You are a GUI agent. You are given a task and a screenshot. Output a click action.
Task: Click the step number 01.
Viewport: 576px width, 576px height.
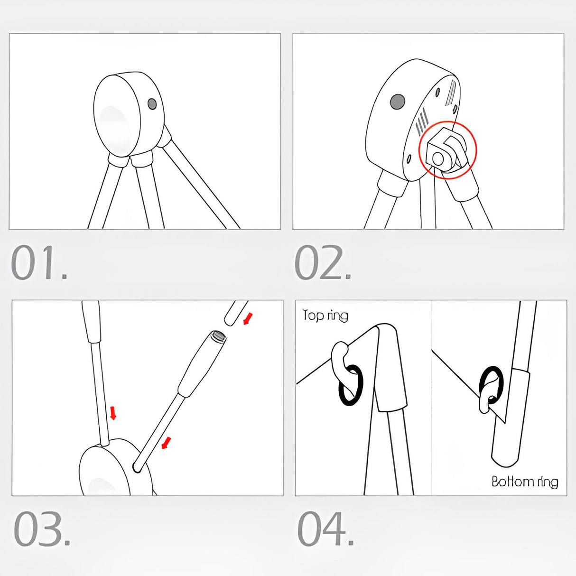coord(39,262)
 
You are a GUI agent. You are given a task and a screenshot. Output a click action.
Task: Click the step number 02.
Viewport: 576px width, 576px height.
coord(323,262)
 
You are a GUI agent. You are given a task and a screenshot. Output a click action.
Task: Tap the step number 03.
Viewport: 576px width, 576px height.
coord(42,528)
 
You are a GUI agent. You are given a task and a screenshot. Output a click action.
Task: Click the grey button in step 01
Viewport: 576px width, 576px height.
coord(152,104)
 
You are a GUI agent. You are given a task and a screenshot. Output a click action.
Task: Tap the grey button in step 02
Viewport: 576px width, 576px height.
coord(398,102)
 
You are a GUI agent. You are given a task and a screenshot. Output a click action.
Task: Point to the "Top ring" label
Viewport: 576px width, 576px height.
coord(325,316)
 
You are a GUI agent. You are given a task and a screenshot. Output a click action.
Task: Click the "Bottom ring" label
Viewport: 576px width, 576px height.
coord(525,482)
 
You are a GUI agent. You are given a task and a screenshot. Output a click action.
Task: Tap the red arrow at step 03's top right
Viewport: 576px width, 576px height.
coord(248,319)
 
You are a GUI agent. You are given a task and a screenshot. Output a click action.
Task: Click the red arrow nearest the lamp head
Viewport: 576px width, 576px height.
coord(166,443)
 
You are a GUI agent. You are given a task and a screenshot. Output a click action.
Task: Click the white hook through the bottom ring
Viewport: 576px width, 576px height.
coord(487,396)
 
